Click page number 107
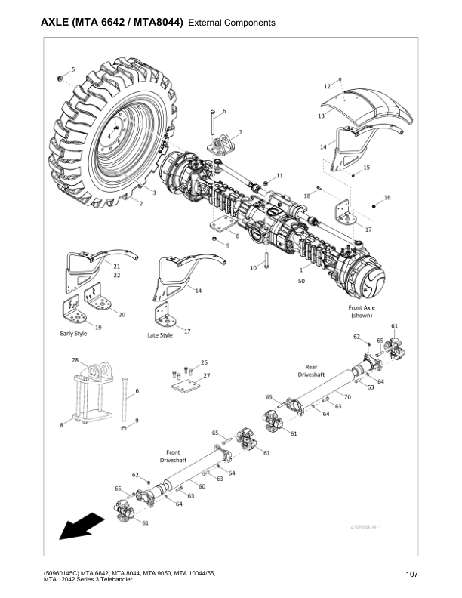point(411,576)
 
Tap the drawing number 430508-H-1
point(365,526)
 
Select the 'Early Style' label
point(74,333)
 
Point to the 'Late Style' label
point(159,334)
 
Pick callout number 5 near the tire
point(73,69)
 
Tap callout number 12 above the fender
point(327,87)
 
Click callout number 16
point(387,197)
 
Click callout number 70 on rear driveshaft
point(347,396)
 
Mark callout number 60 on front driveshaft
point(202,486)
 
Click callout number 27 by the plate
point(206,375)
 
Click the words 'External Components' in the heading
point(230,23)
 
